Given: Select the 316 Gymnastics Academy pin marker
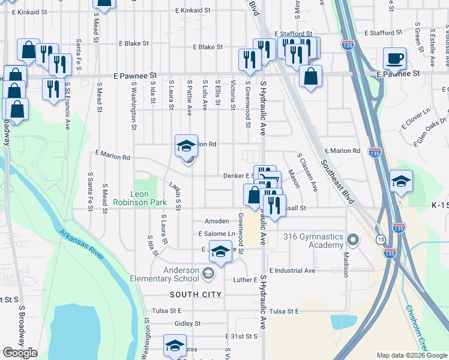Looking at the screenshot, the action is [353, 241].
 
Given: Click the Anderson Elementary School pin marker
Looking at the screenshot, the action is [208, 274].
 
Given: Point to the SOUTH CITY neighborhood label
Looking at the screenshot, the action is [196, 295].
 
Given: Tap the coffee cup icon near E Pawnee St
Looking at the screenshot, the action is [395, 59].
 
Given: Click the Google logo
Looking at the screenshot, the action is [19, 352].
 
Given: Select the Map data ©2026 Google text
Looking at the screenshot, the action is [412, 355].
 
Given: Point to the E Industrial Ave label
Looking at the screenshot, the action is [292, 271].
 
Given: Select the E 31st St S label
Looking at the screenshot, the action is [241, 337].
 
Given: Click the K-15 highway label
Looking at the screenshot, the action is [439, 205].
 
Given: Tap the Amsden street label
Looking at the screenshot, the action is [217, 221].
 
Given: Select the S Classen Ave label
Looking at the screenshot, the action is [307, 172].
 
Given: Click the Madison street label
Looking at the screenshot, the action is [346, 264].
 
